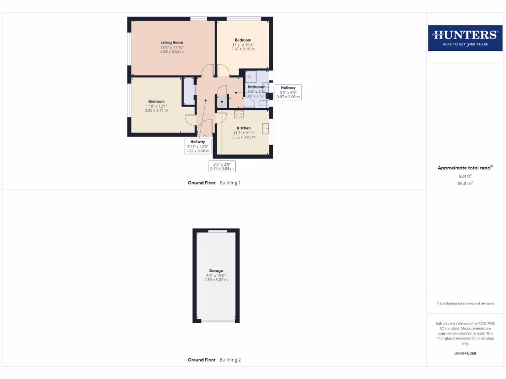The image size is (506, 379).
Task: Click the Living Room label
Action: (x=172, y=42)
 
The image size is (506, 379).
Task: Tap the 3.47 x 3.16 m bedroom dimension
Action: (x=243, y=49)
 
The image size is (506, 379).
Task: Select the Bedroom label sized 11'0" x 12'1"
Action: (x=156, y=101)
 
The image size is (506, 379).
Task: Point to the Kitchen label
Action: (x=244, y=128)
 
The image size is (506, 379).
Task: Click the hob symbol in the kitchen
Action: (x=239, y=114)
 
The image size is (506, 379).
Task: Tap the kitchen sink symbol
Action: (x=265, y=128)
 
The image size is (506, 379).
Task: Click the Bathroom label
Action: (x=256, y=87)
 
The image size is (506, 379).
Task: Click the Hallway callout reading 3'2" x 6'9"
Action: (x=288, y=92)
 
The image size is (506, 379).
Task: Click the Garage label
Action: (x=216, y=271)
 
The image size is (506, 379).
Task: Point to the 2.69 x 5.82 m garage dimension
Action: (x=216, y=280)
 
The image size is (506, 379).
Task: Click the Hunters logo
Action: (x=464, y=38)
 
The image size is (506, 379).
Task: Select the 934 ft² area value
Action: (x=464, y=176)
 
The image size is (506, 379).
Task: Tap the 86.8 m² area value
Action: (x=464, y=183)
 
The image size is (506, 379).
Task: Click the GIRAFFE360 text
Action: (x=464, y=353)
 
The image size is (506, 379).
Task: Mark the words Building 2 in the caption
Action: (x=230, y=360)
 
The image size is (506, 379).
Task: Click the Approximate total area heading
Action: (x=464, y=168)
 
